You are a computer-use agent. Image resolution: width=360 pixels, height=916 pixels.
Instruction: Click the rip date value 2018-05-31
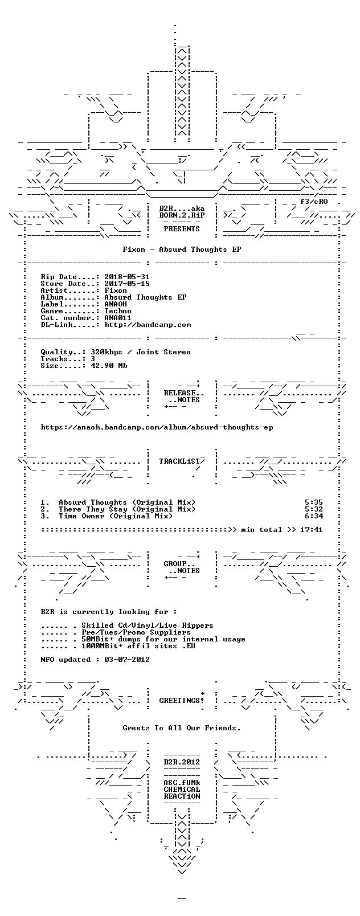[127, 277]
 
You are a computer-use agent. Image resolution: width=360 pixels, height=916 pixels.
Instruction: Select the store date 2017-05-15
[127, 284]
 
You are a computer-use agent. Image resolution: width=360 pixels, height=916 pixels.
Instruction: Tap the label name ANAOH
[116, 304]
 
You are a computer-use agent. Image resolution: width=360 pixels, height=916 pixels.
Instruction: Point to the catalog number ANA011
[118, 318]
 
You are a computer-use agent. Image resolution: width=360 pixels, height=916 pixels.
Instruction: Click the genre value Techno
[118, 311]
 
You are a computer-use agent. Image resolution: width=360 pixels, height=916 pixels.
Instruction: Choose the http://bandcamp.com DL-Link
[148, 325]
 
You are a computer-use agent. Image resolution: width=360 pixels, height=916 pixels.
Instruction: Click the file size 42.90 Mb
[109, 366]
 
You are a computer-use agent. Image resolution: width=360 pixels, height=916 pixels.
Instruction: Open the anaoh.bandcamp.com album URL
[157, 427]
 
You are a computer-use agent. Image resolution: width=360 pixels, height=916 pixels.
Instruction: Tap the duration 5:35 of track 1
[314, 502]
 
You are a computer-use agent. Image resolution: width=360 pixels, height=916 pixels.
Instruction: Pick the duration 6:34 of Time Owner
[314, 516]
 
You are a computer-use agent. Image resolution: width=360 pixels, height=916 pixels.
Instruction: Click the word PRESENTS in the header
[182, 229]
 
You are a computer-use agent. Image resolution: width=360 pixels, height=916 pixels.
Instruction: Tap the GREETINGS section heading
[182, 701]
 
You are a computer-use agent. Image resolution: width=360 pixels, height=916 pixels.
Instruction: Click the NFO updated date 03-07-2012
[127, 660]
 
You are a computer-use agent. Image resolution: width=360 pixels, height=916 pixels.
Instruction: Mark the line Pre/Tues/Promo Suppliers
[136, 632]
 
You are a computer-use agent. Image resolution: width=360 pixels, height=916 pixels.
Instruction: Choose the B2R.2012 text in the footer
[182, 762]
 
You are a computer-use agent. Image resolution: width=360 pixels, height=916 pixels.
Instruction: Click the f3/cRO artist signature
[314, 202]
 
